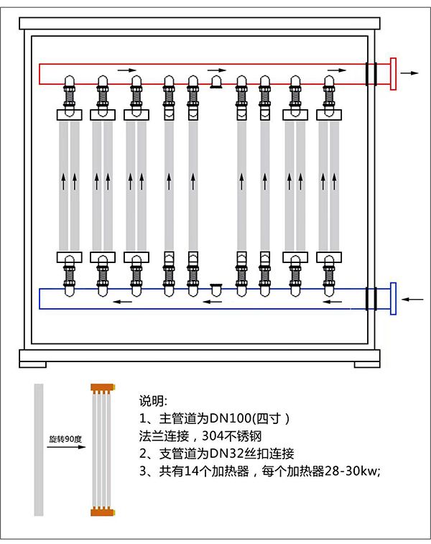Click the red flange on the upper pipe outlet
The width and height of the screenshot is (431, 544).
tap(392, 74)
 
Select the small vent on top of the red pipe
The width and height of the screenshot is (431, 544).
tap(215, 83)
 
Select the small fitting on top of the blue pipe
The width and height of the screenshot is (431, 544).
tap(215, 287)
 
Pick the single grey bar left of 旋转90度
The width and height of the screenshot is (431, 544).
tap(39, 449)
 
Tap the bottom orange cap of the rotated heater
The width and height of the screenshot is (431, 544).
tap(103, 512)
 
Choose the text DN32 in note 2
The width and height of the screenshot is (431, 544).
tap(219, 453)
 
